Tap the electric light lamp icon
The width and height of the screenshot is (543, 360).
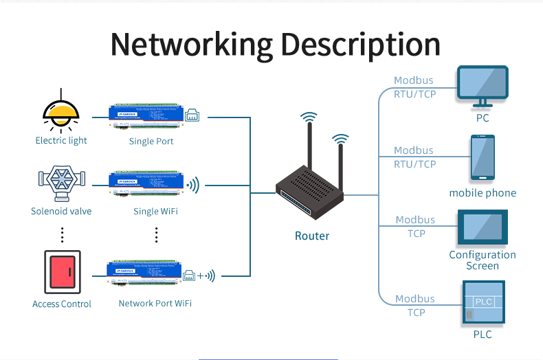(61, 112)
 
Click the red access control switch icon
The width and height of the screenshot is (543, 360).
(62, 273)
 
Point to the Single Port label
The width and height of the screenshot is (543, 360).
(151, 142)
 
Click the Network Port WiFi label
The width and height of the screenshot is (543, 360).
(155, 303)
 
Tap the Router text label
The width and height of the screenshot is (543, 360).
(312, 236)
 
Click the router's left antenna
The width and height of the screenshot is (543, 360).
(310, 148)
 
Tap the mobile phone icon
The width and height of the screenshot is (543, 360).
(483, 159)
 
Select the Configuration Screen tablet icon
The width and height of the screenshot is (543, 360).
(483, 228)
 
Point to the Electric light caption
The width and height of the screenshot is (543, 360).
(61, 141)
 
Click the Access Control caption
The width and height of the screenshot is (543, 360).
(62, 304)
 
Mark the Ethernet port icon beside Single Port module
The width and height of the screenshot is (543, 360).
(192, 114)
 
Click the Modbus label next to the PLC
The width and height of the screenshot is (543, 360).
(414, 299)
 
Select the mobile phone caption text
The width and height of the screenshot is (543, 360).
(483, 193)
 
